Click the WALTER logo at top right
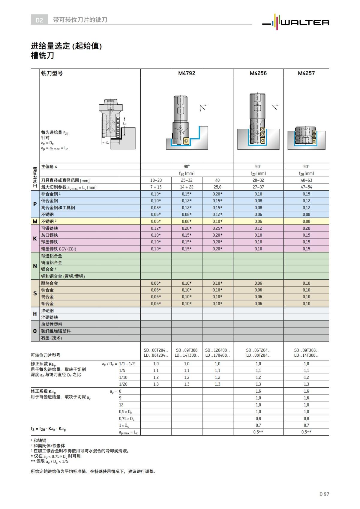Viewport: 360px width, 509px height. (296, 22)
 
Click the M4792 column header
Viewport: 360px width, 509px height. (187, 73)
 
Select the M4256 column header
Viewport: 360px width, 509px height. (258, 73)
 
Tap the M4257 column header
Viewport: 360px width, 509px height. (306, 73)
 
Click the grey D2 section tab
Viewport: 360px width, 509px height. (39, 20)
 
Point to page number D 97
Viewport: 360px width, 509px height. (324, 494)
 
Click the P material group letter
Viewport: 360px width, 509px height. (35, 204)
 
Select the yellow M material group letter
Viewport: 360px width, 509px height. (35, 221)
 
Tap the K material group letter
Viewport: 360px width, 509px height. (35, 239)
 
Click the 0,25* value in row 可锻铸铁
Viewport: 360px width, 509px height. (217, 228)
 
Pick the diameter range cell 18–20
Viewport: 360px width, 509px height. (156, 180)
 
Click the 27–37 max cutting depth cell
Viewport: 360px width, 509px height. (258, 187)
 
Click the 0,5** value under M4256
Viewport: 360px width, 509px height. (258, 432)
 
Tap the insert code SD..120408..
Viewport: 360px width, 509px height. (217, 350)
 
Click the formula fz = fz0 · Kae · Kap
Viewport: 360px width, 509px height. (48, 429)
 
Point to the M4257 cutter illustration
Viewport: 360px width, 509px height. (306, 137)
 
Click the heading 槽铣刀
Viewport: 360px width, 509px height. (42, 56)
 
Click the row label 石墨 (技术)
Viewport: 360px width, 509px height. (51, 338)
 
